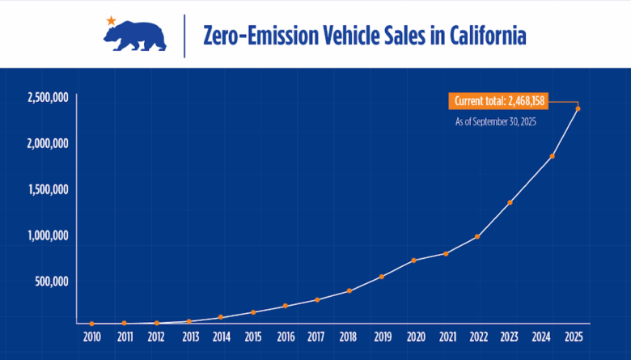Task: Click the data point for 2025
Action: pos(578,108)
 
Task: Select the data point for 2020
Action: pos(413,260)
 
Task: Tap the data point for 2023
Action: pos(510,202)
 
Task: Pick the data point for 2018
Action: pos(349,290)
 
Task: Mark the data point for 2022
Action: pos(477,236)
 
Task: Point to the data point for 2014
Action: pos(221,317)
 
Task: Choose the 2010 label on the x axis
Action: pos(91,337)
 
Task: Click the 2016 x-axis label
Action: pos(285,337)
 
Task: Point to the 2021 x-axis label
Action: pos(446,337)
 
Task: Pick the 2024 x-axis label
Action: pos(542,337)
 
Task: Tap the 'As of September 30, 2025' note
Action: pos(495,121)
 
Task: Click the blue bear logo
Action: pos(135,36)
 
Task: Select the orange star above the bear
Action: pos(111,19)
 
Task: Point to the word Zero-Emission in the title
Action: pos(256,36)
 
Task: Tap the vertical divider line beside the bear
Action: pos(184,35)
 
